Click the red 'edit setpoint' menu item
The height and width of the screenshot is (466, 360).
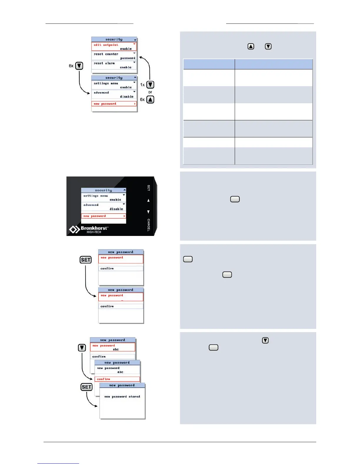pyautogui.click(x=106, y=45)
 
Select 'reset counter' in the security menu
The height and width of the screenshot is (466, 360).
pyautogui.click(x=106, y=54)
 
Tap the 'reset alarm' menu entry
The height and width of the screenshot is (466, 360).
pyautogui.click(x=104, y=63)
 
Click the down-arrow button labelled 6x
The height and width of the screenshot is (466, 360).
pyautogui.click(x=79, y=66)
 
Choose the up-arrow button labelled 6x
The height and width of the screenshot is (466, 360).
pyautogui.click(x=150, y=99)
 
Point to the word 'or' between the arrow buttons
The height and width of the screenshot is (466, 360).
pyautogui.click(x=150, y=92)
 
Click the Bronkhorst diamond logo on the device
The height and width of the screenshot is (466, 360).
pyautogui.click(x=74, y=229)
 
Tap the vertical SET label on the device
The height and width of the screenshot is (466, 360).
pyautogui.click(x=149, y=188)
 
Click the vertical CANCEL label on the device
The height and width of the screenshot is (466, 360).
pyautogui.click(x=149, y=225)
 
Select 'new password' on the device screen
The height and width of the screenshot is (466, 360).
pyautogui.click(x=95, y=216)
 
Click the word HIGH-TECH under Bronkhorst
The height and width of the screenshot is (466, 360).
pyautogui.click(x=94, y=232)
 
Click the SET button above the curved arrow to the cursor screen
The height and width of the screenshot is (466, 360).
pyautogui.click(x=86, y=260)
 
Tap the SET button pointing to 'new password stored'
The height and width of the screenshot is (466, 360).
pyautogui.click(x=86, y=387)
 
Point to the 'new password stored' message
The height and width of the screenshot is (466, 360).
pyautogui.click(x=122, y=397)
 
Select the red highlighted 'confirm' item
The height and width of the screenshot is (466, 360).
pyautogui.click(x=104, y=379)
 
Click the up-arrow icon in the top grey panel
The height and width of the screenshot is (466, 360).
pyautogui.click(x=251, y=46)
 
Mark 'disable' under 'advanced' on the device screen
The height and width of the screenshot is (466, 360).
pyautogui.click(x=116, y=209)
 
